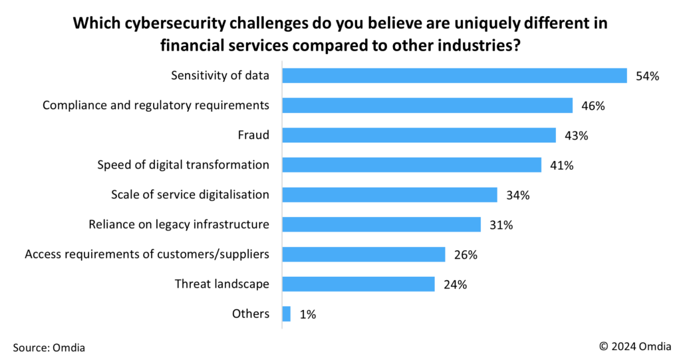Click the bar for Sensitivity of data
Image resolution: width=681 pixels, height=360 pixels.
454,76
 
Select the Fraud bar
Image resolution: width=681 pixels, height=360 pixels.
419,135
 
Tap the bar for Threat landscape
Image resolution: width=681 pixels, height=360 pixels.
358,284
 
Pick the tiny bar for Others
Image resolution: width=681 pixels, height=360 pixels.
287,314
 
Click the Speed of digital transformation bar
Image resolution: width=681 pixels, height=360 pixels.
412,165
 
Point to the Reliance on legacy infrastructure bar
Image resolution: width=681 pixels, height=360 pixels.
381,225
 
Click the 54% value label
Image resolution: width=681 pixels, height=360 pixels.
646,76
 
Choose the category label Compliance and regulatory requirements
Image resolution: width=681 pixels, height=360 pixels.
156,105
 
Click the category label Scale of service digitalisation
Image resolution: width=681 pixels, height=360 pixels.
190,194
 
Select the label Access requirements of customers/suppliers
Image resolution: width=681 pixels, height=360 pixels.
147,254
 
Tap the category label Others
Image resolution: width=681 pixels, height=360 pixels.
251,314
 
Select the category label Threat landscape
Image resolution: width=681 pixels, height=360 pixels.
222,284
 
